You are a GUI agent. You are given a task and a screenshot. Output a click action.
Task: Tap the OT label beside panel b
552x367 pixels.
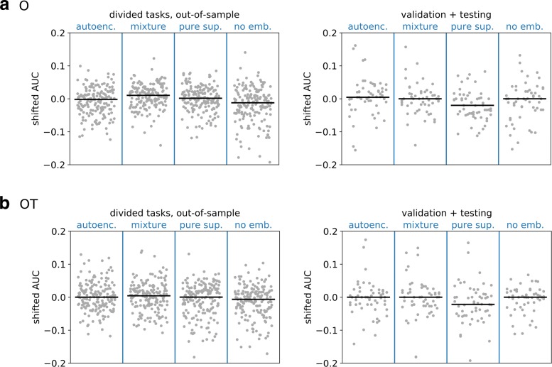(28, 205)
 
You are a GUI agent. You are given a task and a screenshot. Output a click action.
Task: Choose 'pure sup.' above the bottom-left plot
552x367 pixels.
(200, 225)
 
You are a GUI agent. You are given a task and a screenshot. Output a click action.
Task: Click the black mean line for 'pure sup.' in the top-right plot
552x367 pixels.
(472, 105)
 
